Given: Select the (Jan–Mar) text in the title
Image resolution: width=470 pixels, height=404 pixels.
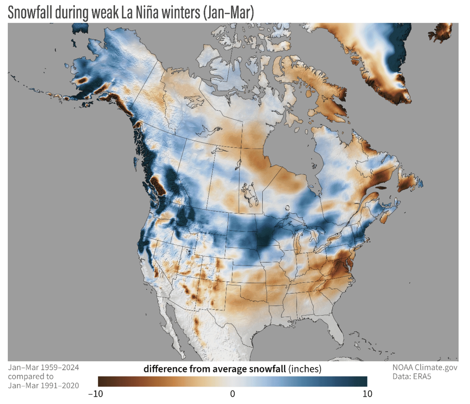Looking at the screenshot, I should (228, 13).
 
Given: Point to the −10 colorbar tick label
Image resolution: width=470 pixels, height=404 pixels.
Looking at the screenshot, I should (95, 394).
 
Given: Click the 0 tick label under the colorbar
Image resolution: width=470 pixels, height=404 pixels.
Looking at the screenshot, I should (232, 394).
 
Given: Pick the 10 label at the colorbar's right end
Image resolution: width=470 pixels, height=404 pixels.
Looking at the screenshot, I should (367, 394).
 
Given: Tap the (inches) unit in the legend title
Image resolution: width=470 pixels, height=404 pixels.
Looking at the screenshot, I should (305, 369).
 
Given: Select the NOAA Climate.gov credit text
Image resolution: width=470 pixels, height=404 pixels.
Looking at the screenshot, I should (425, 367).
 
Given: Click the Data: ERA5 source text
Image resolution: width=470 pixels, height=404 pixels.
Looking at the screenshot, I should (412, 376).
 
